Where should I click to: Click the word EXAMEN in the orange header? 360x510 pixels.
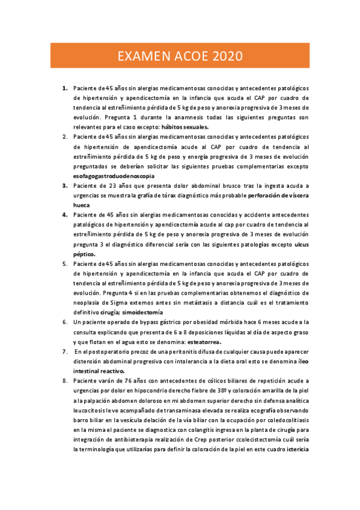tap(142, 57)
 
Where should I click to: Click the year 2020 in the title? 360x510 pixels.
tap(224, 57)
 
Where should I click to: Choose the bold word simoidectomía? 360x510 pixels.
tap(148, 313)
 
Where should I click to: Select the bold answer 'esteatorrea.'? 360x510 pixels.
tap(200, 342)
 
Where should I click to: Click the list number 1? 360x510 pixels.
tap(64, 88)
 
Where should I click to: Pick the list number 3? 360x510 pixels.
tap(64, 186)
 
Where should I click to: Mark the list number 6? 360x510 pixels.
tap(64, 322)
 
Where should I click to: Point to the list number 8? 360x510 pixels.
tap(64, 381)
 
